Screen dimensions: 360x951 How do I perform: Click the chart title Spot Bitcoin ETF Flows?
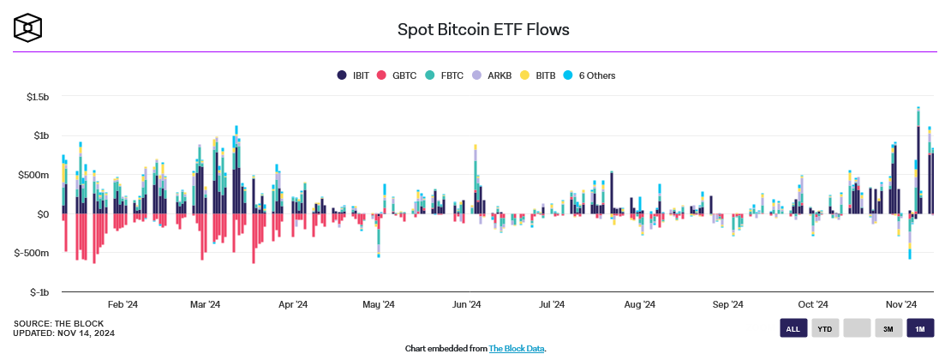(x=483, y=29)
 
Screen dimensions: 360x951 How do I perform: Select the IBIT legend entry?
(x=354, y=75)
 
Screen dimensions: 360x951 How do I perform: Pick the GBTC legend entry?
(x=398, y=75)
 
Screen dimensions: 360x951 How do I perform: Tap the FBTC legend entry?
(x=445, y=75)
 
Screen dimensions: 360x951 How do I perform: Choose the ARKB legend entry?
(x=493, y=75)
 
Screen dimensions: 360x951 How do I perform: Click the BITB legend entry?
(x=539, y=75)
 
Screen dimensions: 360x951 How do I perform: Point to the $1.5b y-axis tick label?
(x=36, y=97)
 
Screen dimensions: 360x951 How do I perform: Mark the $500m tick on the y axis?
(x=33, y=175)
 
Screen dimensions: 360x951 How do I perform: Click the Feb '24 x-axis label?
(x=123, y=304)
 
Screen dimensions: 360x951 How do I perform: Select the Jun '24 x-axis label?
(x=467, y=304)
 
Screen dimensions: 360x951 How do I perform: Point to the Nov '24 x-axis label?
(x=901, y=304)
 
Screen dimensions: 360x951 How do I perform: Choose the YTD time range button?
(x=825, y=328)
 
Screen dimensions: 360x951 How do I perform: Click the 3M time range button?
(x=888, y=328)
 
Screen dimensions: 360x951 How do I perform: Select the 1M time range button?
(x=921, y=328)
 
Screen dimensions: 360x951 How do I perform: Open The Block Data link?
(x=517, y=349)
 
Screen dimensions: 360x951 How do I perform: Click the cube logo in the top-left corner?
(x=27, y=27)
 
